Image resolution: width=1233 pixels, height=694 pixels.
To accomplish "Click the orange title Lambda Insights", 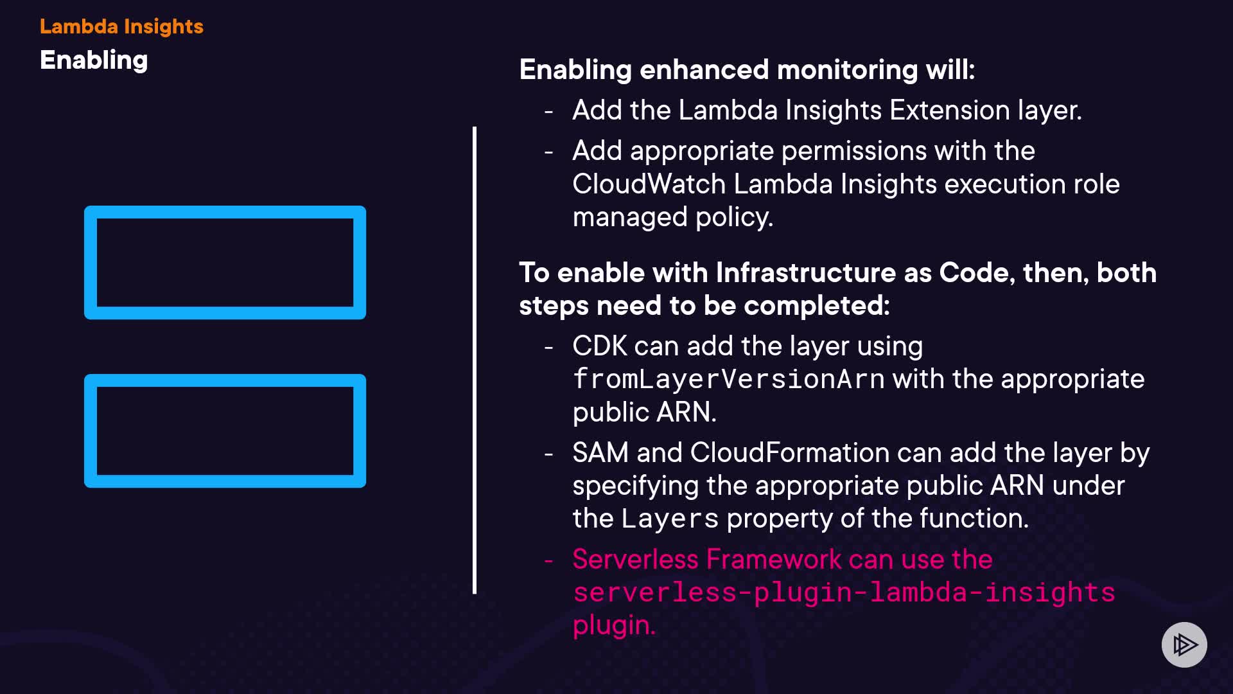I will pyautogui.click(x=121, y=26).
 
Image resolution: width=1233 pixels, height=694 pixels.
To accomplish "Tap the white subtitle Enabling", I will pyautogui.click(x=94, y=60).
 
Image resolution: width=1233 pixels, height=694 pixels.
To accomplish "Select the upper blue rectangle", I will pyautogui.click(x=225, y=211).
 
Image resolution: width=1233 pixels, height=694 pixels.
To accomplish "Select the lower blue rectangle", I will pyautogui.click(x=225, y=380).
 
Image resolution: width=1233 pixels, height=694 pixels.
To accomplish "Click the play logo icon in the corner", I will pyautogui.click(x=1184, y=645).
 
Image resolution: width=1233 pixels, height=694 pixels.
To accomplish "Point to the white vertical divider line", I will pyautogui.click(x=475, y=360).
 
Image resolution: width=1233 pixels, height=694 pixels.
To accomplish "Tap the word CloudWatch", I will pyautogui.click(x=649, y=184).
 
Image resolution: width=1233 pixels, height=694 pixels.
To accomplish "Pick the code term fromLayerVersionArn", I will pyautogui.click(x=728, y=379).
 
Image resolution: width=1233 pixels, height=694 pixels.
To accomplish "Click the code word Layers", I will pyautogui.click(x=669, y=519).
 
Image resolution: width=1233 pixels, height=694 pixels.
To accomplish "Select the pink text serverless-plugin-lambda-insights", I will pyautogui.click(x=844, y=592).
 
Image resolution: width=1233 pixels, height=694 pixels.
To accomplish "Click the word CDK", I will pyautogui.click(x=599, y=346).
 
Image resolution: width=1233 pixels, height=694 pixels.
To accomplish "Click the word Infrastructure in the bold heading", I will pyautogui.click(x=805, y=273).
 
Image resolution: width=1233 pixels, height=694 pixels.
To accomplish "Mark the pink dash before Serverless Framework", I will pyautogui.click(x=548, y=560).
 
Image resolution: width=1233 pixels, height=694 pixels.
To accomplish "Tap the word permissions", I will pyautogui.click(x=853, y=152).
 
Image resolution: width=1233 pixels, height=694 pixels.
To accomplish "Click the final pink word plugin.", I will pyautogui.click(x=613, y=625).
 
